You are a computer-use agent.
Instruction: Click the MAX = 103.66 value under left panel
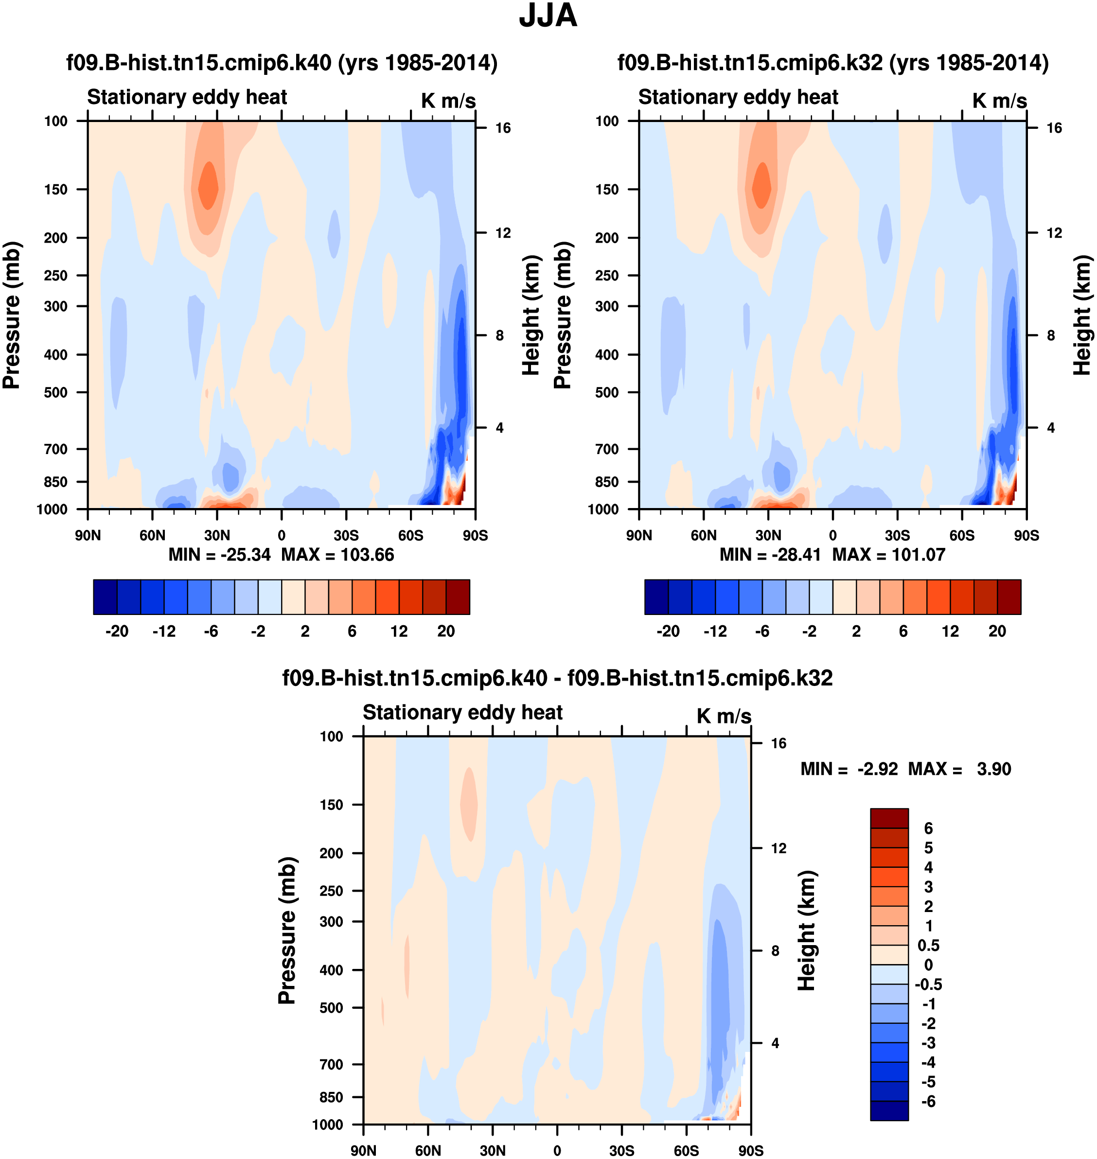pyautogui.click(x=338, y=554)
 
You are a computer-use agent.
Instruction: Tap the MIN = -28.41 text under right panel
pyautogui.click(x=770, y=554)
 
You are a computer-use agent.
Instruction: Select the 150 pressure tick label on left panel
pyautogui.click(x=55, y=190)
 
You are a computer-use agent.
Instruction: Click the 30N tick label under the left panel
pyautogui.click(x=217, y=535)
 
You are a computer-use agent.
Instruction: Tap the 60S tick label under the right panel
pyautogui.click(x=962, y=535)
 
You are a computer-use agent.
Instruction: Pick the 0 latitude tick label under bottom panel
pyautogui.click(x=557, y=1151)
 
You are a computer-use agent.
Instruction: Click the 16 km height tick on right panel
pyautogui.click(x=1054, y=128)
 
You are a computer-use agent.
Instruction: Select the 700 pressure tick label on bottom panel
pyautogui.click(x=331, y=1064)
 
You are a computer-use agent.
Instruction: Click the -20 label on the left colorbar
pyautogui.click(x=117, y=631)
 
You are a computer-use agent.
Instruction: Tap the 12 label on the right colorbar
pyautogui.click(x=950, y=631)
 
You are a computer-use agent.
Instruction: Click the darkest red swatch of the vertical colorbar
pyautogui.click(x=889, y=818)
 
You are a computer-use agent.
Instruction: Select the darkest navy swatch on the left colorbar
pyautogui.click(x=105, y=597)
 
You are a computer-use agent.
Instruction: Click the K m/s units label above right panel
pyautogui.click(x=999, y=101)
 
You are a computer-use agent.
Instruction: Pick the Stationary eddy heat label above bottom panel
pyautogui.click(x=462, y=712)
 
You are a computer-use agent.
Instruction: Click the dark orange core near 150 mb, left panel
pyautogui.click(x=208, y=186)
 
